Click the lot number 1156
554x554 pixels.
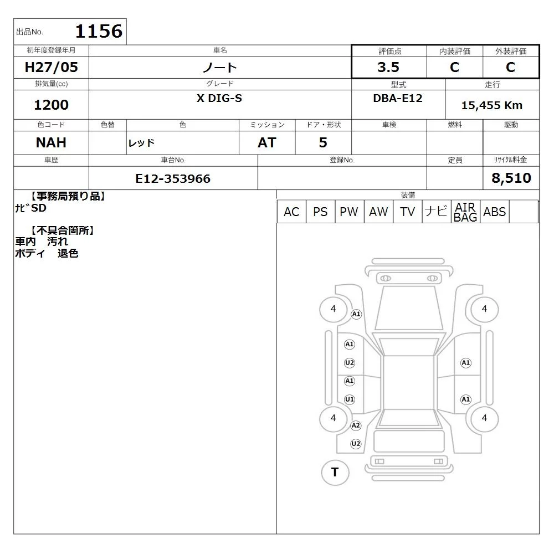[99, 31]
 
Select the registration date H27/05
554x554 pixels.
[51, 67]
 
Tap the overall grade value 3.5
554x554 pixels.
[388, 67]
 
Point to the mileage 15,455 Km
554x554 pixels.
[492, 105]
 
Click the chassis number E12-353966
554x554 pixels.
[173, 178]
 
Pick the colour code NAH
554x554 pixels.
[51, 142]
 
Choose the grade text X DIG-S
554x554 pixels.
[219, 98]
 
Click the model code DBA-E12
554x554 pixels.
[398, 98]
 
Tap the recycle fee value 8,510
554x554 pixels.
[511, 178]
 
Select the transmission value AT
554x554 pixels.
[267, 142]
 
